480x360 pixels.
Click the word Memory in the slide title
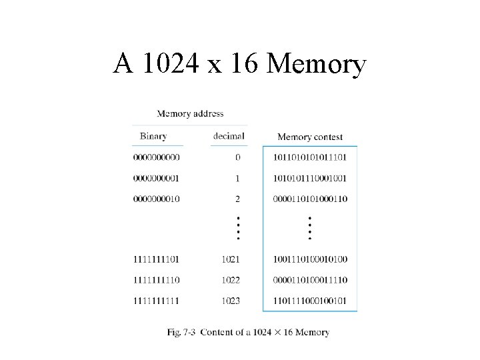[316, 65]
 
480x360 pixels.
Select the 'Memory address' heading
[190, 114]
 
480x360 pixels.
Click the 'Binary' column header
[153, 137]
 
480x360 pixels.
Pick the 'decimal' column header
[229, 137]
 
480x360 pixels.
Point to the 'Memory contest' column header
[309, 137]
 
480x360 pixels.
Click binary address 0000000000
[157, 158]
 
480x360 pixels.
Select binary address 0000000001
[157, 179]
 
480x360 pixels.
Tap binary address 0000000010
[157, 199]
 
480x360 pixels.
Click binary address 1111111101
[157, 259]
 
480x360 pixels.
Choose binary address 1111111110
[157, 280]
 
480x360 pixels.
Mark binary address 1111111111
[157, 301]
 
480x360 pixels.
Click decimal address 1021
[231, 259]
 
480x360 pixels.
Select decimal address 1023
[231, 301]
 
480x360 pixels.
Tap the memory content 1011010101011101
[310, 158]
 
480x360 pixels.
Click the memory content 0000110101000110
[310, 199]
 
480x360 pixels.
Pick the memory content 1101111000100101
[310, 301]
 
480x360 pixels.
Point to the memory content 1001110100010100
[310, 259]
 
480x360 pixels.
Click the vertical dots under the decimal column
[237, 227]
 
